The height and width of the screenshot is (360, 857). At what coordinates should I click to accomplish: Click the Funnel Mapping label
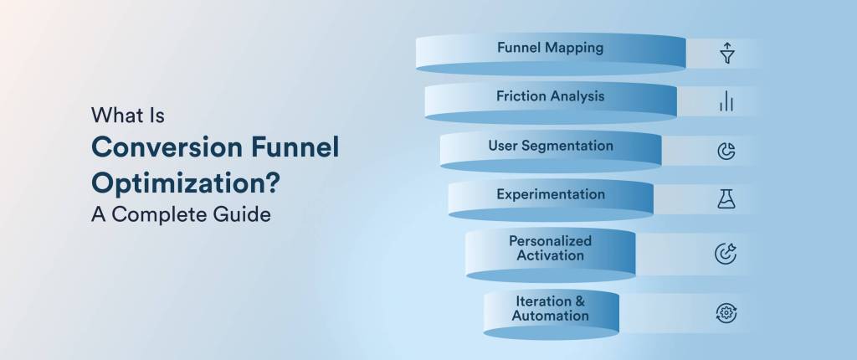[550, 48]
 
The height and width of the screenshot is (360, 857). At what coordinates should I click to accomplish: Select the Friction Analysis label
[550, 96]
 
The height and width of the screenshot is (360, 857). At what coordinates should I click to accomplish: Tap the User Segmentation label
[551, 146]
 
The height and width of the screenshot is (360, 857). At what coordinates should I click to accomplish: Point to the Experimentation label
[551, 194]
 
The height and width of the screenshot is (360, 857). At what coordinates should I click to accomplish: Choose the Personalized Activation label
[551, 248]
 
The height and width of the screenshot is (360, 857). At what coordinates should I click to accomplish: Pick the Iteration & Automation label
[551, 308]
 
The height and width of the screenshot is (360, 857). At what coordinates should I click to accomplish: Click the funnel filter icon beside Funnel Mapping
[726, 54]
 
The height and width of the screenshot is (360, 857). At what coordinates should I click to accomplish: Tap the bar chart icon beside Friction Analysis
[726, 102]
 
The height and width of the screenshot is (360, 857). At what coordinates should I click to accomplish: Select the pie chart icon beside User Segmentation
[726, 152]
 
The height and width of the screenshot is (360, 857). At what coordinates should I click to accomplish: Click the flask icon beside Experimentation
[726, 199]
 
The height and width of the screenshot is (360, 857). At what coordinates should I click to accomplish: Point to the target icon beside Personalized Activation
[726, 254]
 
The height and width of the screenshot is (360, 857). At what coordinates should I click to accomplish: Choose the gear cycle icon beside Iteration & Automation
[726, 313]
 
